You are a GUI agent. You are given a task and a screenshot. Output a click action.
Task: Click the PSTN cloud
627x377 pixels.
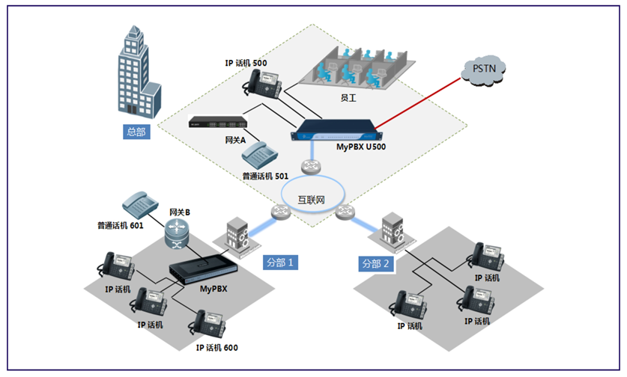[484, 69]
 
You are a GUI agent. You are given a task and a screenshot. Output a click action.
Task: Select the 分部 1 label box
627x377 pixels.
[281, 263]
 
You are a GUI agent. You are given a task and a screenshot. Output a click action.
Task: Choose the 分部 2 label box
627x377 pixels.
[376, 263]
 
